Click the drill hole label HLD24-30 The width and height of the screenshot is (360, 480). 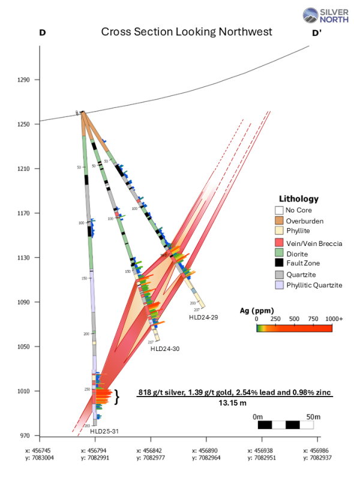click(164, 349)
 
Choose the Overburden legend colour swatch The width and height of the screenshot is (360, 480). click(278, 221)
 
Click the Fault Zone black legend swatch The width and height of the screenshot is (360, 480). click(278, 263)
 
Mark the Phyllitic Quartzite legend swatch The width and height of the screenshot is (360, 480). click(278, 284)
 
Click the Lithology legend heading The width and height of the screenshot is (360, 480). click(299, 199)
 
